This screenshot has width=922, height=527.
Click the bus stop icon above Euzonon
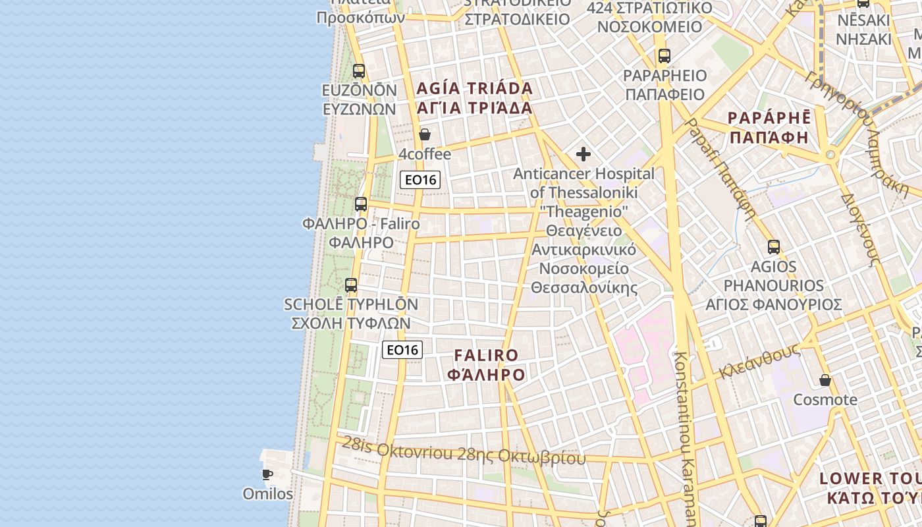(359, 71)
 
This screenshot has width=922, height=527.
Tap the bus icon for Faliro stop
(360, 204)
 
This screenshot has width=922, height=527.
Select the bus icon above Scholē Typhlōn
(351, 285)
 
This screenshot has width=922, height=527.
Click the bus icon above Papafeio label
(664, 56)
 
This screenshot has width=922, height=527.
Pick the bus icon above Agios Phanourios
(774, 247)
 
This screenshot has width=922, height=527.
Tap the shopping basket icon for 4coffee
(425, 134)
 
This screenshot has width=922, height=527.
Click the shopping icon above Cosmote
(825, 380)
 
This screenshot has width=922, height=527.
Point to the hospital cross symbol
(583, 155)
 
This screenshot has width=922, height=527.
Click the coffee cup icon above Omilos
(267, 474)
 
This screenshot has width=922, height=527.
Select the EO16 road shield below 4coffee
(420, 179)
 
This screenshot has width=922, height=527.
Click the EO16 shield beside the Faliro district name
(402, 350)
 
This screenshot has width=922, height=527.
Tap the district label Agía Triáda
(474, 97)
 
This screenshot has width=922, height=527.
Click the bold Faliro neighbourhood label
(487, 365)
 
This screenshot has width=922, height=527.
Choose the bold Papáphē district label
(769, 127)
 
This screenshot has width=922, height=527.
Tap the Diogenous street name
(861, 228)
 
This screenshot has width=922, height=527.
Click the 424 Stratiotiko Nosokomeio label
(649, 17)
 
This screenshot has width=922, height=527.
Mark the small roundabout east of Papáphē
(830, 155)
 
